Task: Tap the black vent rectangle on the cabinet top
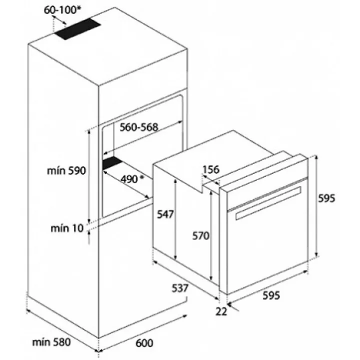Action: point(77,28)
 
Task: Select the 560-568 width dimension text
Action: point(139,127)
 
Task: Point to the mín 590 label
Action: point(66,170)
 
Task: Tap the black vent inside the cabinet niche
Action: point(112,163)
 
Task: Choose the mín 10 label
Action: point(67,228)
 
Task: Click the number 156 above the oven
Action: point(211,169)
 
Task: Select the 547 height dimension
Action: point(165,214)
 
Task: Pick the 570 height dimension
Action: point(201,236)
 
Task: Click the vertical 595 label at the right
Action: point(326,198)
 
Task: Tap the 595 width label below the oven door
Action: point(271,295)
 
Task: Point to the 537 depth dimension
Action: point(180,288)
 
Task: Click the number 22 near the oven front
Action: point(221,311)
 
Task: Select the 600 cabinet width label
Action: point(144,343)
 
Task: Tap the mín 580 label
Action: point(51,342)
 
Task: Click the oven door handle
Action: point(268,203)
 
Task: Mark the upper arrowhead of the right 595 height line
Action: point(316,157)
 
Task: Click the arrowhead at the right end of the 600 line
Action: point(185,316)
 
